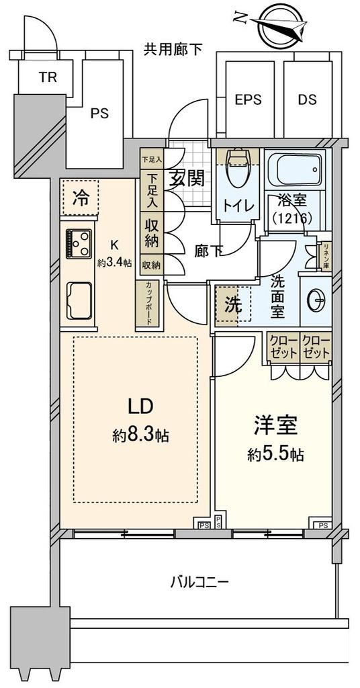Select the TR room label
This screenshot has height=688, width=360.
pyautogui.click(x=46, y=77)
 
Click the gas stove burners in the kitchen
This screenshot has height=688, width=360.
pyautogui.click(x=78, y=242)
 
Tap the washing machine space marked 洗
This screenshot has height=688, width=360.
pyautogui.click(x=232, y=304)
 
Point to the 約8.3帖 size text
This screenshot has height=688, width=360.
pyautogui.click(x=140, y=435)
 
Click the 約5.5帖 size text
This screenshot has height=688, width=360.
pyautogui.click(x=275, y=455)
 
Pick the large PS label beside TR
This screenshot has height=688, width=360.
pyautogui.click(x=100, y=114)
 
